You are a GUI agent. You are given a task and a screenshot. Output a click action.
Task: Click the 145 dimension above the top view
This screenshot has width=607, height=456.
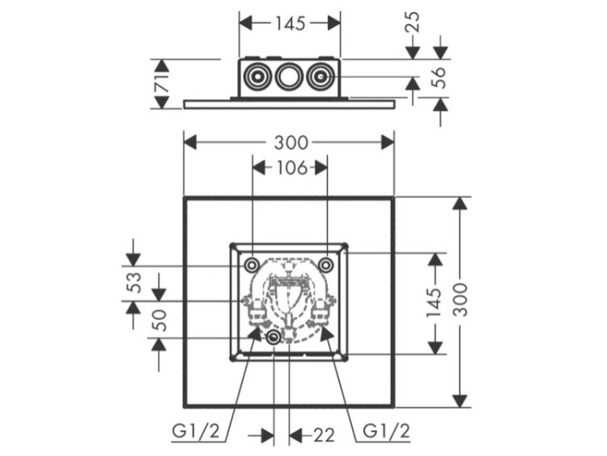(291, 23)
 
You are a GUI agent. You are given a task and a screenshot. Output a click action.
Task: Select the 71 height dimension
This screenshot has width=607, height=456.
(162, 83)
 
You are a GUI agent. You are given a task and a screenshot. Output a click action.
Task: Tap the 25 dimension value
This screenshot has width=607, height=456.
(413, 22)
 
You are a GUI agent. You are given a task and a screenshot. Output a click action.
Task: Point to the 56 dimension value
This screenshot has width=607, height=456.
(440, 78)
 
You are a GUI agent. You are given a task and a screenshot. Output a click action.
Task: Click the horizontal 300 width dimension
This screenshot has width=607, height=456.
(291, 143)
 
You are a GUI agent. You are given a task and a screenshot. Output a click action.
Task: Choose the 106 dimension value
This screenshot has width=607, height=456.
(291, 168)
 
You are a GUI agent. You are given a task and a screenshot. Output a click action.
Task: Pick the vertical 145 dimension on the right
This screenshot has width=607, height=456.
(435, 302)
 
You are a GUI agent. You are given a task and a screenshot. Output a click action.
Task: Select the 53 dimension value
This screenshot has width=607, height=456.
(134, 283)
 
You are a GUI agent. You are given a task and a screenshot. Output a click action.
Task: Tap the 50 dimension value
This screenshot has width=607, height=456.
(159, 320)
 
